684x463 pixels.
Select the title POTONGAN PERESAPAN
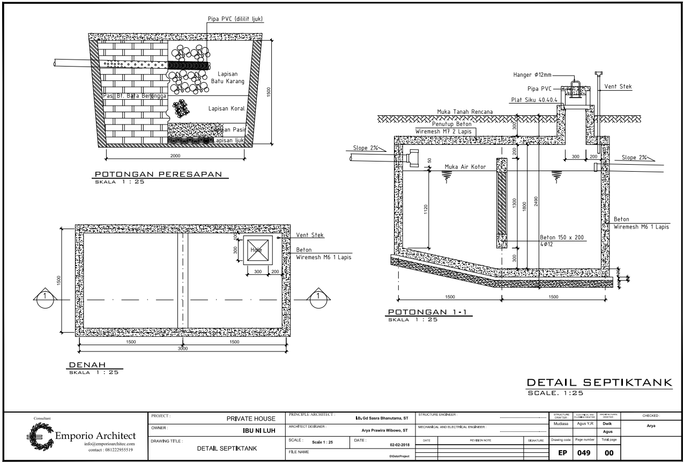pyautogui.click(x=158, y=174)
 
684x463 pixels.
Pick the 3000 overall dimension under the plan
pyautogui.click(x=183, y=348)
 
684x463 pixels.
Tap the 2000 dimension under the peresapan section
pyautogui.click(x=175, y=156)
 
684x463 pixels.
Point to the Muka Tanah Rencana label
pyautogui.click(x=464, y=112)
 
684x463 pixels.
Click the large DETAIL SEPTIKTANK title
pyautogui.click(x=599, y=383)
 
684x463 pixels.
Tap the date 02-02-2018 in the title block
pyautogui.click(x=397, y=444)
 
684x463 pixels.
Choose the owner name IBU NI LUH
pyautogui.click(x=258, y=431)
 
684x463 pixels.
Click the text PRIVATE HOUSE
pyautogui.click(x=250, y=418)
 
